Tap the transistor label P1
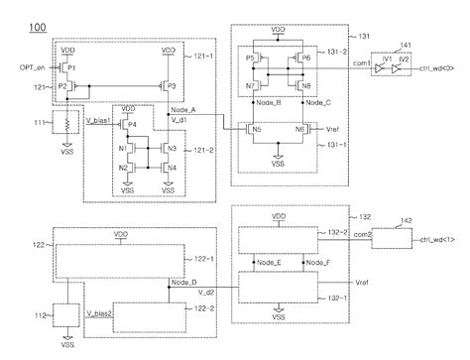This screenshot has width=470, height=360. click(x=72, y=65)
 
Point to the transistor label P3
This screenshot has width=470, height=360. click(x=172, y=86)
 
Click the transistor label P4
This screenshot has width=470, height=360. click(x=132, y=125)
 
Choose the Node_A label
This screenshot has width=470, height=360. click(x=182, y=109)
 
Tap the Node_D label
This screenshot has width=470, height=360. click(x=184, y=282)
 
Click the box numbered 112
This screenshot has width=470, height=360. click(x=67, y=316)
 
